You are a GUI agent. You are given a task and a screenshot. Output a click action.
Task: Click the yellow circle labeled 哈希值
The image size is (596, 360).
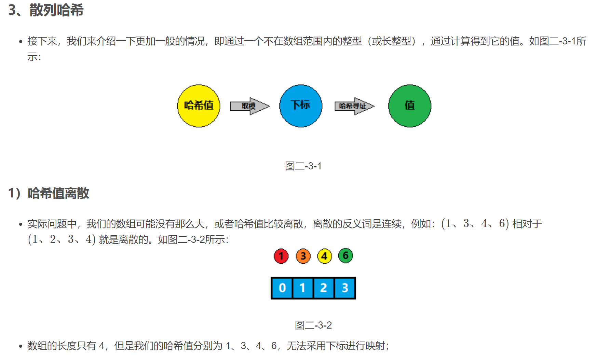tap(199, 106)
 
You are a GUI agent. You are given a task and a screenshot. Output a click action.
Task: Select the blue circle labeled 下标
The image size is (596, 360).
tap(301, 106)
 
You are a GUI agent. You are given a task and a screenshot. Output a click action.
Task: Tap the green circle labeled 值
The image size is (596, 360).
tap(409, 106)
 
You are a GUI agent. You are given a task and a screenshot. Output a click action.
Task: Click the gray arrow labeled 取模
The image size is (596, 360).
tap(250, 106)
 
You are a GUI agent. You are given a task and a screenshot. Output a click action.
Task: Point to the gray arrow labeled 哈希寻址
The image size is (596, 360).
tap(354, 106)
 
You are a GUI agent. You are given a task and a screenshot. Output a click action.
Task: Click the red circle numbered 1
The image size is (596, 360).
tap(281, 256)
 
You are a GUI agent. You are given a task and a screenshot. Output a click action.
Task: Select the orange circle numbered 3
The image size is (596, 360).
tap(303, 256)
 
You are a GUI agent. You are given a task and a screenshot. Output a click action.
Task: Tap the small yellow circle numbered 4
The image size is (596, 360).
tap(325, 256)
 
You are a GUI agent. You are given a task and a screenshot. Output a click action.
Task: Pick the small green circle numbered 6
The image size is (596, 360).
tap(346, 255)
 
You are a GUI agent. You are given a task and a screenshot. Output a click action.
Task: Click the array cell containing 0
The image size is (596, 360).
tap(282, 288)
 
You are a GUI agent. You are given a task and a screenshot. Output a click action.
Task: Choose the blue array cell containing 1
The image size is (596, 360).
tap(303, 288)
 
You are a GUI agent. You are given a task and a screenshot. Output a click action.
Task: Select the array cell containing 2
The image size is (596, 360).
tap(324, 288)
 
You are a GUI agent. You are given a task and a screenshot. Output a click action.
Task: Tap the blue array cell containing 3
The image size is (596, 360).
tap(345, 288)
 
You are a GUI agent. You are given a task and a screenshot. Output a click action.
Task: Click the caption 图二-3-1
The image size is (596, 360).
tap(303, 166)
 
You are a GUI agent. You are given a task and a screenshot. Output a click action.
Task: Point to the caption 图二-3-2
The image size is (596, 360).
tap(313, 325)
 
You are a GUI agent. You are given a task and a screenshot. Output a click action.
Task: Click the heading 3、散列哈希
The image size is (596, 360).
tap(46, 10)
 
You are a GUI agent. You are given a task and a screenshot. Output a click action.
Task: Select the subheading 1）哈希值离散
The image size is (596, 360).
tap(49, 193)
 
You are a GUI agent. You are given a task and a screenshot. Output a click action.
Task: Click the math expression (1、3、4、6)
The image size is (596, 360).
tap(475, 224)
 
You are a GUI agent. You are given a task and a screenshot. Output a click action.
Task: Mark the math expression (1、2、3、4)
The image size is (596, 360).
tap(62, 239)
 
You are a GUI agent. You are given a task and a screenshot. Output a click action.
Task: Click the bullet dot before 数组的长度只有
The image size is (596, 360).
tap(21, 346)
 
